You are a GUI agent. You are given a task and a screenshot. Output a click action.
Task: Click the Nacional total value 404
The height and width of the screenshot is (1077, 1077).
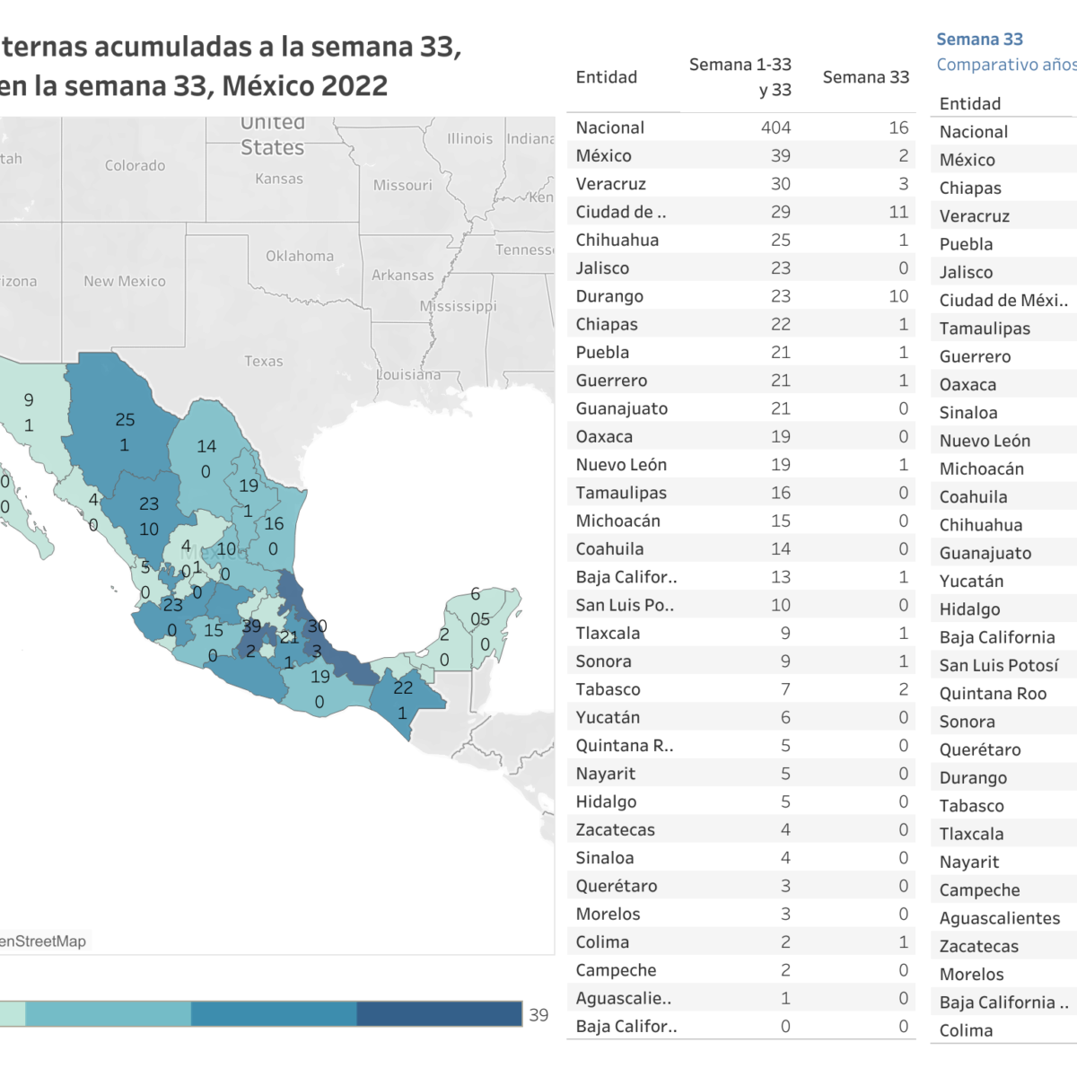pyautogui.click(x=775, y=127)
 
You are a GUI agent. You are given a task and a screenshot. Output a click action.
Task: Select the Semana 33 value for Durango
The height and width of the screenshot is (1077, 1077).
pyautogui.click(x=898, y=296)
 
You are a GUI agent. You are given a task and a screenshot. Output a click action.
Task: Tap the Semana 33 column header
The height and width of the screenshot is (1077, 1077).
pyautogui.click(x=865, y=77)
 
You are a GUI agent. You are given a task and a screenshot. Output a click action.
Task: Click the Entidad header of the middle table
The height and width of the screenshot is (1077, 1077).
pyautogui.click(x=607, y=77)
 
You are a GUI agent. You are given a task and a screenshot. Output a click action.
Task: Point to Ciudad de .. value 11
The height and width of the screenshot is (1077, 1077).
pyautogui.click(x=898, y=212)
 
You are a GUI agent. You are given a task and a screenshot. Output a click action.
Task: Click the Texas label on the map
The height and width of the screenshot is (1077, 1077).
pyautogui.click(x=263, y=361)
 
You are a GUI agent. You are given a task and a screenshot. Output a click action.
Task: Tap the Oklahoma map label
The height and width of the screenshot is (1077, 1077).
pyautogui.click(x=299, y=256)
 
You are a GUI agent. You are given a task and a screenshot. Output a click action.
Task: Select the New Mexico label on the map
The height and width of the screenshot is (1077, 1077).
pyautogui.click(x=125, y=281)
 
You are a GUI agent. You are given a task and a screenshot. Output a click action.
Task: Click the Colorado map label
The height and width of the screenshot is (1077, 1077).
pyautogui.click(x=135, y=165)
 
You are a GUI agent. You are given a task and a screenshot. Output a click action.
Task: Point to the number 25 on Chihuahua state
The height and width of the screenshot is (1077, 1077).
pyautogui.click(x=125, y=419)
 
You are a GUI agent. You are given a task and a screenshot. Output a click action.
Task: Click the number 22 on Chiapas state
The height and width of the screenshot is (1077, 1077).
pyautogui.click(x=403, y=687)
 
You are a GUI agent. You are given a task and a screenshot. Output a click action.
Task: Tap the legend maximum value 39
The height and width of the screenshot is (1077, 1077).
pyautogui.click(x=538, y=1015)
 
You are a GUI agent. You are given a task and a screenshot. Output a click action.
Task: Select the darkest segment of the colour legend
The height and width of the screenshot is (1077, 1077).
pyautogui.click(x=439, y=1014)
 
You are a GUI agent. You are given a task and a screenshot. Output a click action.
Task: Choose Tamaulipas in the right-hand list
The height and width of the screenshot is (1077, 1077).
pyautogui.click(x=985, y=328)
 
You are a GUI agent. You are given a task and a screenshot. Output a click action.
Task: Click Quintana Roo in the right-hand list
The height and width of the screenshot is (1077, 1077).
pyautogui.click(x=993, y=694)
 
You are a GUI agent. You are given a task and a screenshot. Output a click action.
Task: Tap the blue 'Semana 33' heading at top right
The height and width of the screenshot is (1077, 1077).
pyautogui.click(x=979, y=39)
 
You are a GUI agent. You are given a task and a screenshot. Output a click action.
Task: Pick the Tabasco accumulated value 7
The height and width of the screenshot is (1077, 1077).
pyautogui.click(x=785, y=689)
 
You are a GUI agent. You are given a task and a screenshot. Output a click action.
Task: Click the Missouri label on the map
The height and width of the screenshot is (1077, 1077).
pyautogui.click(x=402, y=185)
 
